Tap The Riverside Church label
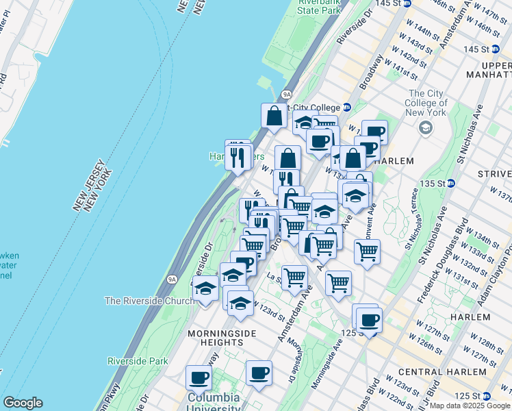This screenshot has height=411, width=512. coord(150,301)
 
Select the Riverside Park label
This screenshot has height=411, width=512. coord(138,360)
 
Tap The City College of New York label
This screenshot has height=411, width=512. coord(428,103)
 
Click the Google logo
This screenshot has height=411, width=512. coord(23,403)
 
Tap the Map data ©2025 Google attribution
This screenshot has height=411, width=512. coord(470,406)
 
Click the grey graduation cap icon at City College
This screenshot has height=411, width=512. coord(426,128)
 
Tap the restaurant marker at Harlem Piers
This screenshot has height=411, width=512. coord(238,157)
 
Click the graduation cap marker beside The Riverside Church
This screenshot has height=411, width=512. coord(205,289)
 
